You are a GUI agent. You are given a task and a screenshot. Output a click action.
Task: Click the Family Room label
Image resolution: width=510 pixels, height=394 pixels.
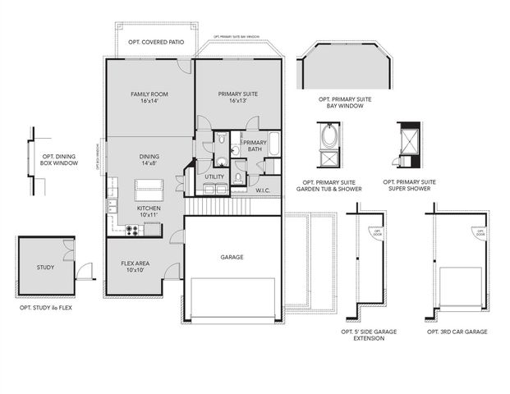point(149,98)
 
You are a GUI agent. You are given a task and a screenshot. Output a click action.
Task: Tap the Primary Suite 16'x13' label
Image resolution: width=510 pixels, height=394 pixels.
point(238,98)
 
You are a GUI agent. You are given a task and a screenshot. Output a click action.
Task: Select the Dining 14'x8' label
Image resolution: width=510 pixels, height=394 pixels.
point(149,159)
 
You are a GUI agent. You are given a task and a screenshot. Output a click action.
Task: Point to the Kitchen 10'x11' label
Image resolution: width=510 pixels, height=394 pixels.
point(149,213)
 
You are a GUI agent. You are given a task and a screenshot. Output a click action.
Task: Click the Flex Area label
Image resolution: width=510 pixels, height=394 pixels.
point(134,265)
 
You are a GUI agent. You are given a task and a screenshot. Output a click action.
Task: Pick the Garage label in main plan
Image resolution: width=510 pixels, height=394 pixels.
point(232,257)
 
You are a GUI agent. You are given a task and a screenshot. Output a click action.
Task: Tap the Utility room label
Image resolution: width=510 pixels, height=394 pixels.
point(214,176)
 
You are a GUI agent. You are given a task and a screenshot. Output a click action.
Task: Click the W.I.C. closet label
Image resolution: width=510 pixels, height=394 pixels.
point(263,190)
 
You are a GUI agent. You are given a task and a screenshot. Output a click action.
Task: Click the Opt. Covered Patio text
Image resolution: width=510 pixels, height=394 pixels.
point(155,41)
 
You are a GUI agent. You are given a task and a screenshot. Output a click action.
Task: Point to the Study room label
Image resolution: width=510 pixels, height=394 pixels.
point(44,268)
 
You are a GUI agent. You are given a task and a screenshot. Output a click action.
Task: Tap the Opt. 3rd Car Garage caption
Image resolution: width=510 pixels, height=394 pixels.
point(457,332)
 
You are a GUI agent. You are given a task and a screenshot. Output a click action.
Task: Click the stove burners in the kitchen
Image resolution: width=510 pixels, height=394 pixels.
point(131,231)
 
